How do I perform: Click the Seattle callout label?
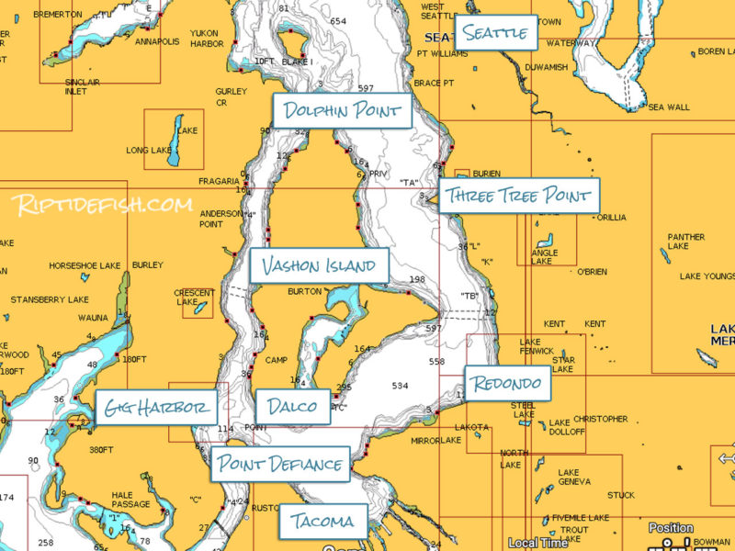coord(496,34)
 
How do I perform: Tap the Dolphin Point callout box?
coord(342,111)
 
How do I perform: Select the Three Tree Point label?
coord(519,196)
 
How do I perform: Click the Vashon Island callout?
coord(319,267)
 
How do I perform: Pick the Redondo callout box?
coord(507,383)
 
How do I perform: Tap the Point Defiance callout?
coord(280,464)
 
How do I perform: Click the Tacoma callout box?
coord(322,522)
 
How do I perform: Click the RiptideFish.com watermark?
coord(103,204)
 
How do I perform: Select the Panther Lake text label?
coord(685,242)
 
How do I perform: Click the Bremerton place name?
coord(57,15)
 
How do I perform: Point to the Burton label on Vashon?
coord(304,291)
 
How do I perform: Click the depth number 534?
coord(400,386)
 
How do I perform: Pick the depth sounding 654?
coord(339,21)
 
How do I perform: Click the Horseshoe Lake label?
coord(85,265)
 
